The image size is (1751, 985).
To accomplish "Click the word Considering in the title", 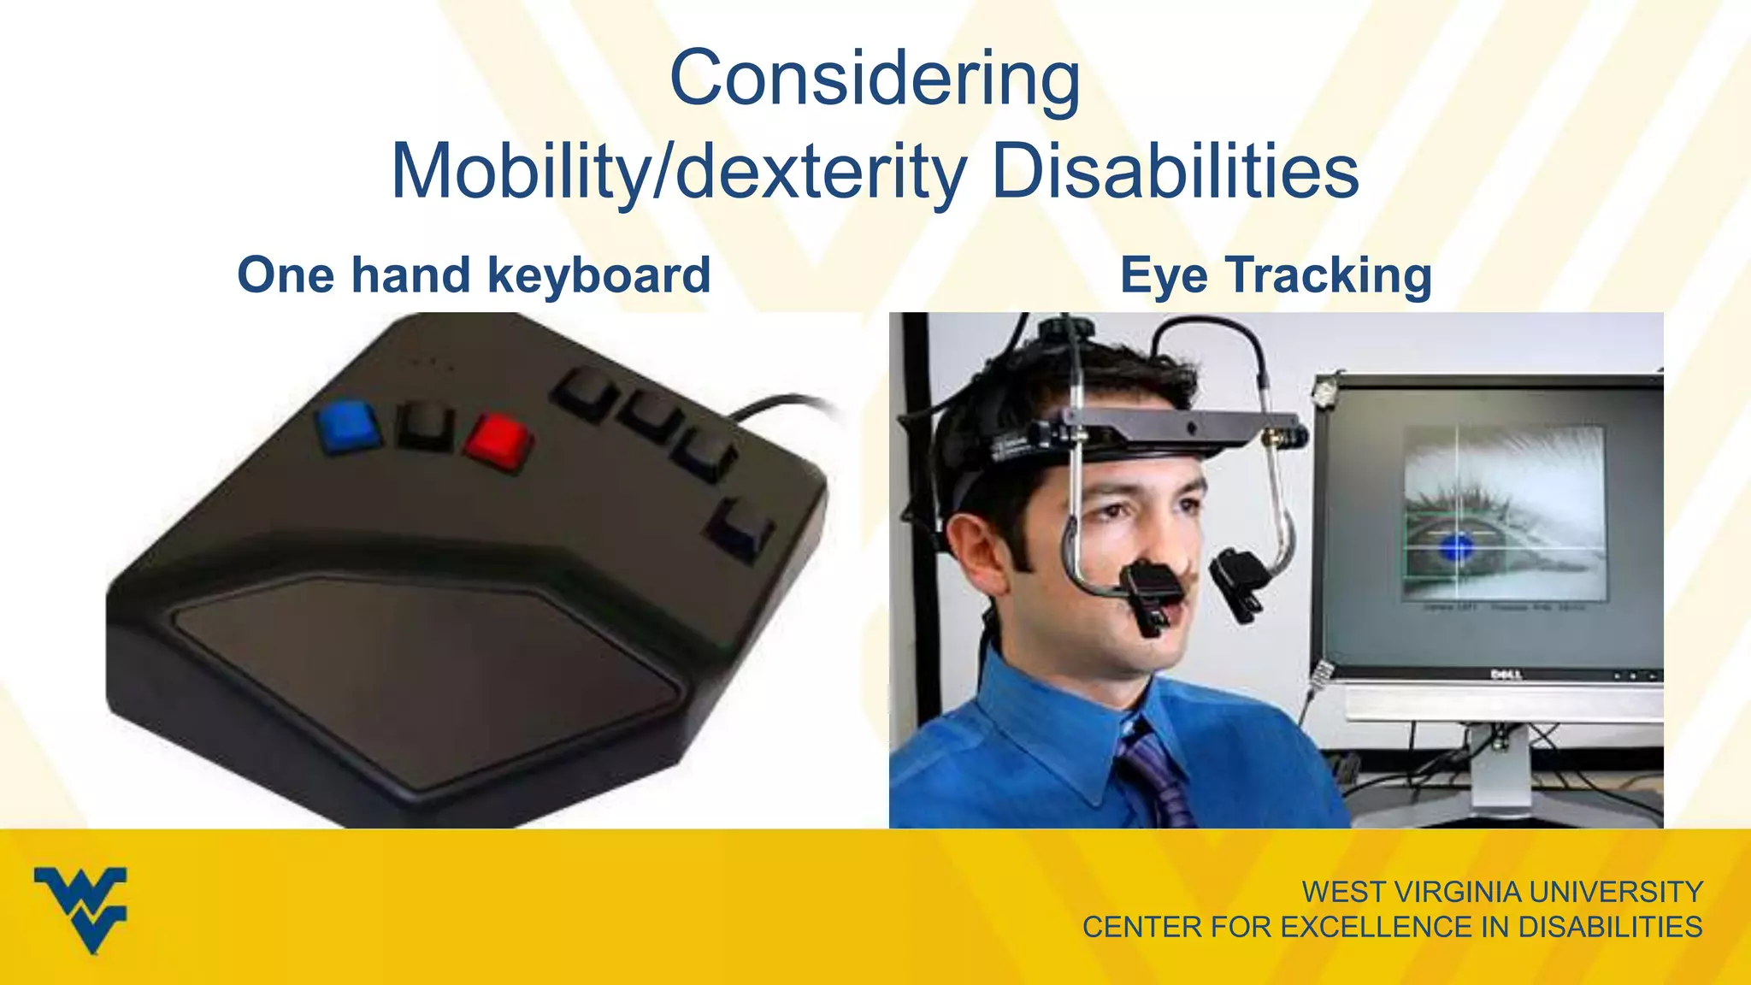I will click(x=875, y=79).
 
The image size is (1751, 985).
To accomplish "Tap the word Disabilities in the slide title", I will click(x=1174, y=172).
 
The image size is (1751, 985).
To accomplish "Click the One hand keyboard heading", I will click(x=474, y=275).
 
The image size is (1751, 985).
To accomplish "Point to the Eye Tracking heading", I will click(x=1276, y=275).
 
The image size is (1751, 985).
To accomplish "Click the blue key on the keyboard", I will click(x=348, y=424).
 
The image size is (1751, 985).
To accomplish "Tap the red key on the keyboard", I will click(x=499, y=439).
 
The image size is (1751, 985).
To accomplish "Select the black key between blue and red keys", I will click(x=425, y=425).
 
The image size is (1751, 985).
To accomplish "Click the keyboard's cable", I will click(x=782, y=404).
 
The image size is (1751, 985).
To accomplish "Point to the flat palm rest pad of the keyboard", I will click(x=427, y=675).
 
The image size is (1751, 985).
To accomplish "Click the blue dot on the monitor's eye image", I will click(x=1459, y=546).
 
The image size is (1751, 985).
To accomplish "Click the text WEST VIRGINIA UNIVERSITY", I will click(x=1501, y=892).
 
